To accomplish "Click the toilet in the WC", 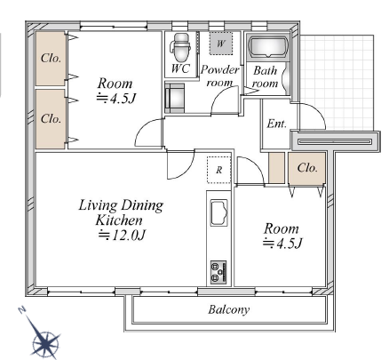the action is [x=180, y=47].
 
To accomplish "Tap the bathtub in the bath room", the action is [x=268, y=47].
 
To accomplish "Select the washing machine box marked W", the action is [x=220, y=44].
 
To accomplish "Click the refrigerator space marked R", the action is [x=218, y=170].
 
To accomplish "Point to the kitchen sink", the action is [x=218, y=212].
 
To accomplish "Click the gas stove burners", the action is [x=218, y=272].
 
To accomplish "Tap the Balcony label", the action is [x=229, y=309].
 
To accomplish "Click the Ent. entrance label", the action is [x=277, y=124].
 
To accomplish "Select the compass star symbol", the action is [x=45, y=340].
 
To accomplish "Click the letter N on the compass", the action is [x=21, y=310].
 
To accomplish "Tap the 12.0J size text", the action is [x=122, y=236].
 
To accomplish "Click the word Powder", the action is [x=219, y=70].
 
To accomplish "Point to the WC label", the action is [x=180, y=68].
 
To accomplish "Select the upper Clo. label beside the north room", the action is [x=51, y=59].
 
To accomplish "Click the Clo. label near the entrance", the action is [x=307, y=168].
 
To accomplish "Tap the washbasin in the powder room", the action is [x=175, y=98].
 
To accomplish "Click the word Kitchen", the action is [x=119, y=220].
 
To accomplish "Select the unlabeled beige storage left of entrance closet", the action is [x=276, y=168].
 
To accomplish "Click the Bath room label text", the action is [x=266, y=77].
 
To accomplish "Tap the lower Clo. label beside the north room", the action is [x=51, y=119].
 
